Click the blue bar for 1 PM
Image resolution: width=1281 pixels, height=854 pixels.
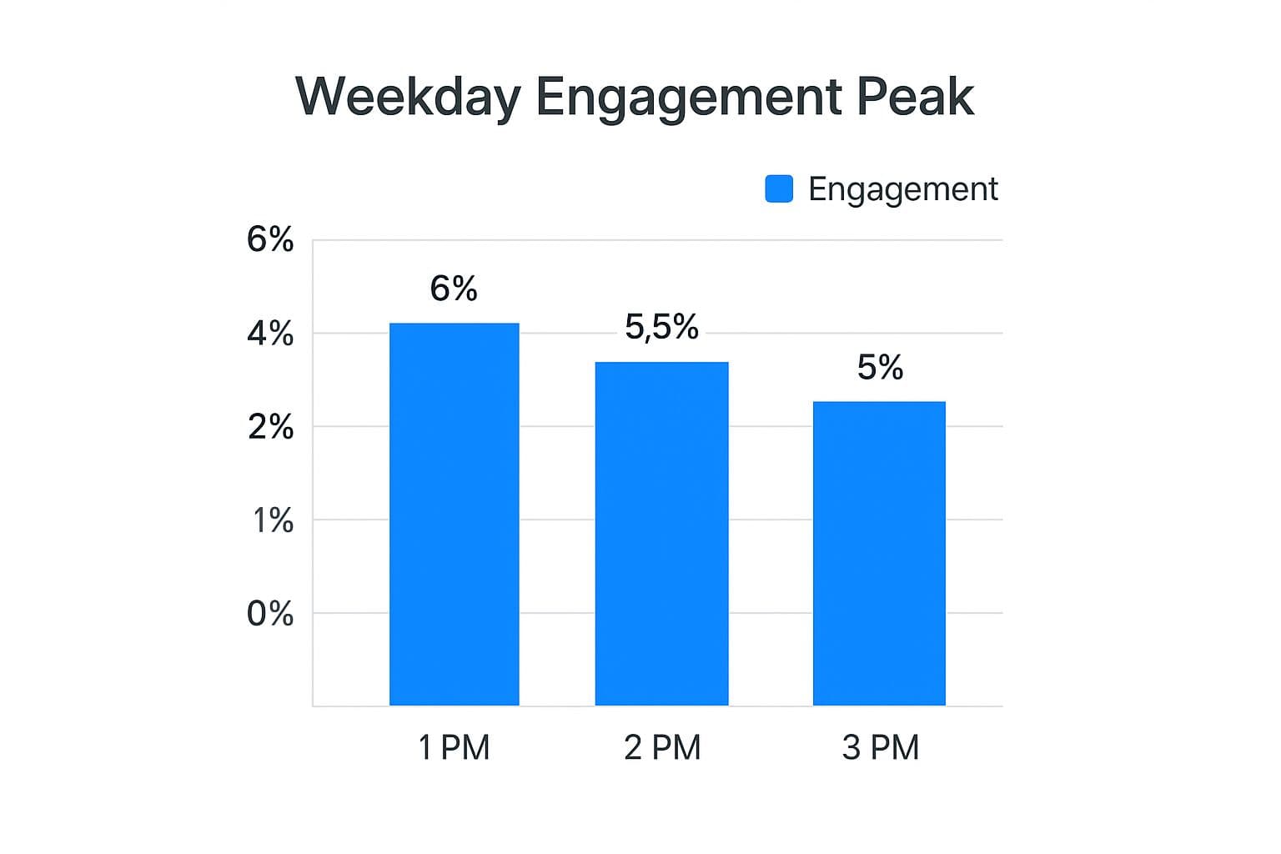click(454, 514)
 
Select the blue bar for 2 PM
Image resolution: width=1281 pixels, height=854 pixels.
click(661, 534)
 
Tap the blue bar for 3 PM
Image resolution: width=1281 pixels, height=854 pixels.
click(879, 553)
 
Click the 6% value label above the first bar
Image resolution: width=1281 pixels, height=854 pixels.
click(454, 289)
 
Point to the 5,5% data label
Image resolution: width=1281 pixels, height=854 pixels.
click(661, 327)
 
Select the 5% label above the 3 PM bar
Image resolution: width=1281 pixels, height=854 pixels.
click(880, 368)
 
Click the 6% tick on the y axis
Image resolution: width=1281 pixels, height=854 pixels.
click(270, 240)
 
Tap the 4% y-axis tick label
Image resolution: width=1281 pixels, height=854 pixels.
click(270, 334)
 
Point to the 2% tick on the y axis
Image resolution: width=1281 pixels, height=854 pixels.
click(270, 427)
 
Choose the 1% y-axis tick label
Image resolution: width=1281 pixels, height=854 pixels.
click(273, 520)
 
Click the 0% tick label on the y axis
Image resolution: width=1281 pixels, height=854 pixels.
click(270, 614)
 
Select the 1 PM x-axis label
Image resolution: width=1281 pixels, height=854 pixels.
click(454, 747)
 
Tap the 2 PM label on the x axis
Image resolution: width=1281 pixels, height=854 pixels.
click(662, 747)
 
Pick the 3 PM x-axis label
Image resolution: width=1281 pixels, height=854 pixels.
click(880, 747)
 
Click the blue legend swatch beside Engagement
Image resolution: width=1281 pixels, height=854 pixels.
click(779, 188)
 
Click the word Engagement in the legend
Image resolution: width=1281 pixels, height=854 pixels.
click(902, 189)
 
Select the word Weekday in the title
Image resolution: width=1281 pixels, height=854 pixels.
click(408, 97)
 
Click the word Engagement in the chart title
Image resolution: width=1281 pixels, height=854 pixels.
click(689, 98)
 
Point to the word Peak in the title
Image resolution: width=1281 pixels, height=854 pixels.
click(915, 97)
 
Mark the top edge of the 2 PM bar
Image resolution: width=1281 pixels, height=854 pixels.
click(661, 363)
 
